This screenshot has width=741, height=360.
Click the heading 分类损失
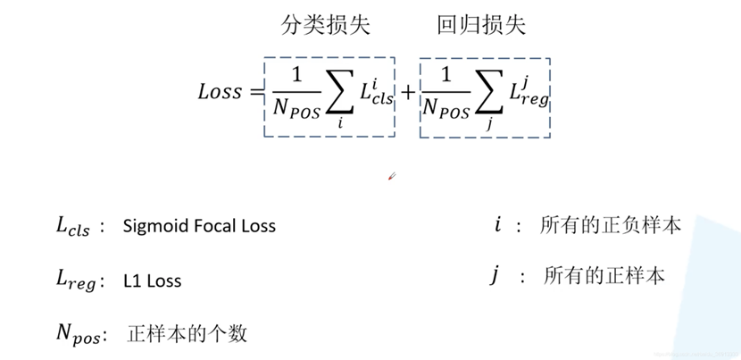pos(325,26)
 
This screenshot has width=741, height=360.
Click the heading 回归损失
pos(480,26)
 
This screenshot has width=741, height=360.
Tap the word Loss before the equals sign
pos(220,91)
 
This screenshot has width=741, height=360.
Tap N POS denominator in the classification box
pos(295,113)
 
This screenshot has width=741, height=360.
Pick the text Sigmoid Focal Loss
pos(200,226)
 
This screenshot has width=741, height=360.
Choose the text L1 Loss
pos(153,280)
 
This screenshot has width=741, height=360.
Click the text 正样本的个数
pos(187,335)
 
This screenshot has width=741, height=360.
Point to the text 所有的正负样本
pos(611,225)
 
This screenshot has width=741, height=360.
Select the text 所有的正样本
pos(604,276)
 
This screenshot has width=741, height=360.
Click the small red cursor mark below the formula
pos(391,177)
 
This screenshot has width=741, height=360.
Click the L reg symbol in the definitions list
pos(75,281)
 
